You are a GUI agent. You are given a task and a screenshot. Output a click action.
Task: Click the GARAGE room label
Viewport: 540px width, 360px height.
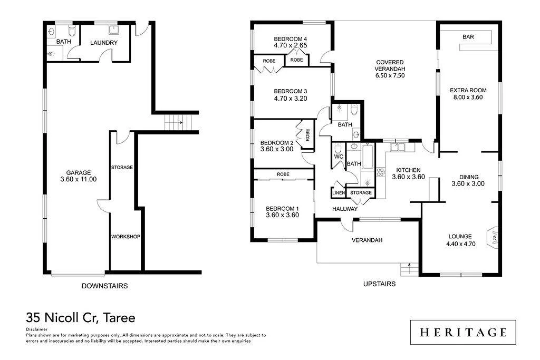[79, 173]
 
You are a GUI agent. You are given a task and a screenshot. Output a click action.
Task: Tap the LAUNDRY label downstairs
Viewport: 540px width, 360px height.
[104, 43]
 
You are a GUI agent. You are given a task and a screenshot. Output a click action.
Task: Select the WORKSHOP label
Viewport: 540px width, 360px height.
[126, 237]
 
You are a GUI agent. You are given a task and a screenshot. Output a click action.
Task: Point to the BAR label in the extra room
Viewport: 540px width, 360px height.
[468, 37]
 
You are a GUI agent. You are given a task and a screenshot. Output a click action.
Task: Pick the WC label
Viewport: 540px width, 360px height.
[339, 157]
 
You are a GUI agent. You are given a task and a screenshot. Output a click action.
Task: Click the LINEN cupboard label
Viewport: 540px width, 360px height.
[339, 193]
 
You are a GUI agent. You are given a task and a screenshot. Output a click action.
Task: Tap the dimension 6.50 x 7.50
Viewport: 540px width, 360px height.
[390, 75]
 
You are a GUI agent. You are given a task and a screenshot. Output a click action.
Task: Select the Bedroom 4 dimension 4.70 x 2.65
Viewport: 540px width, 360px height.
[291, 45]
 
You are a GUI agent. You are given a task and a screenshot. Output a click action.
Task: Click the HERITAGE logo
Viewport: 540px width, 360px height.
[463, 332]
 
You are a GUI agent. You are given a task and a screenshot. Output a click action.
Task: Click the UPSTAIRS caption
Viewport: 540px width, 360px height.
[380, 284]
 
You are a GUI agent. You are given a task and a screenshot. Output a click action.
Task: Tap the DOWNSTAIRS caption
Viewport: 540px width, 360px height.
[104, 286]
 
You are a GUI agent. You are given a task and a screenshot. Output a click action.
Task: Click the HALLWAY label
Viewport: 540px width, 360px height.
[345, 209]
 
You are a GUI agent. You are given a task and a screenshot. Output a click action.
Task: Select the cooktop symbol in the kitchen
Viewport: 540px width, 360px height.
[381, 172]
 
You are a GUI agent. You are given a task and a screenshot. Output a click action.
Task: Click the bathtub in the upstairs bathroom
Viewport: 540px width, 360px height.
[368, 157]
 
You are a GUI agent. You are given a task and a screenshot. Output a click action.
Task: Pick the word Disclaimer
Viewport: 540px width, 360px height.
[36, 329]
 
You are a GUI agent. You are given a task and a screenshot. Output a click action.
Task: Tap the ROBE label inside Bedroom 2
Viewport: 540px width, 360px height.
[307, 135]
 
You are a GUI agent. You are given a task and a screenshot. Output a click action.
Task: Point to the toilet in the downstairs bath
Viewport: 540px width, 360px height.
[72, 31]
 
